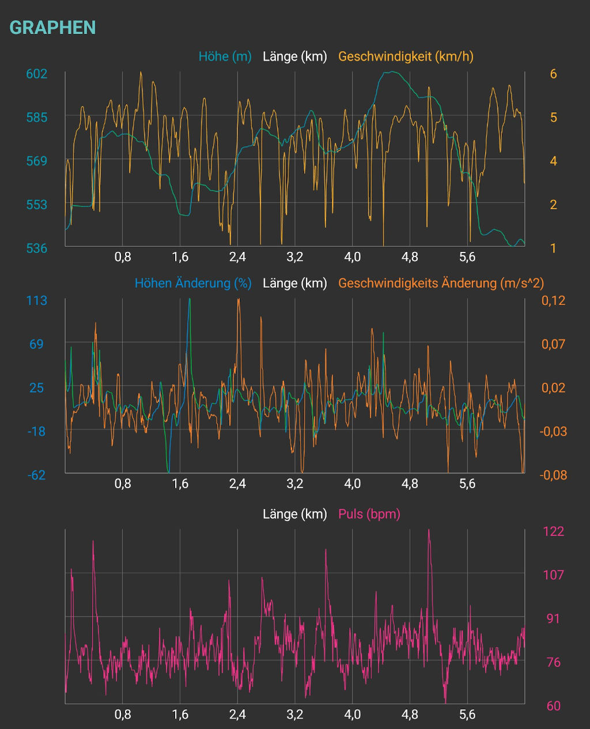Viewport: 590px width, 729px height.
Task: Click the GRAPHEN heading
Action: pyautogui.click(x=52, y=28)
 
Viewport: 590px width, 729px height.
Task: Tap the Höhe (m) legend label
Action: pyautogui.click(x=225, y=56)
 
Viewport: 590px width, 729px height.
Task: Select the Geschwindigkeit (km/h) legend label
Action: pyautogui.click(x=406, y=56)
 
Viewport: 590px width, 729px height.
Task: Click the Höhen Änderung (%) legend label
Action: pyautogui.click(x=193, y=283)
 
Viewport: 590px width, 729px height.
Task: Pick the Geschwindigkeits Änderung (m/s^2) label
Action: pyautogui.click(x=441, y=283)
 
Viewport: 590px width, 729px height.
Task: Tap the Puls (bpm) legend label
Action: pyautogui.click(x=369, y=513)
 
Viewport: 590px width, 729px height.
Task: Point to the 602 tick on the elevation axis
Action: pyautogui.click(x=37, y=74)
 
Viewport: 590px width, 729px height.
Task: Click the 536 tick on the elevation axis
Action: pyautogui.click(x=37, y=248)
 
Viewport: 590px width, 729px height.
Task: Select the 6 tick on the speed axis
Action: pyautogui.click(x=553, y=74)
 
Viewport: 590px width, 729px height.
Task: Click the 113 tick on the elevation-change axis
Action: pyautogui.click(x=37, y=300)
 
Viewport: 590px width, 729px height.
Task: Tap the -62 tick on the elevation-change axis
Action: pyautogui.click(x=37, y=475)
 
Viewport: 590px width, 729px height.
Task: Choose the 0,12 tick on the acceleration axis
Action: pyautogui.click(x=553, y=300)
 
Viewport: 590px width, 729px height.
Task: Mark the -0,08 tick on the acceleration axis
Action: pyautogui.click(x=553, y=475)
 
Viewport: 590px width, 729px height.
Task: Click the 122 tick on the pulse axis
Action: pyautogui.click(x=554, y=531)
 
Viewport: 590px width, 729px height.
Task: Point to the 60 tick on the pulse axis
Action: pyautogui.click(x=554, y=705)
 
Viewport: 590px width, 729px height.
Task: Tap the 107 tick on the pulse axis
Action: pyautogui.click(x=554, y=575)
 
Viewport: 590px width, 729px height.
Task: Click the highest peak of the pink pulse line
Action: pyautogui.click(x=429, y=531)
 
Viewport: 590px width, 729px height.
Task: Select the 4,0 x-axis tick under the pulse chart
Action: pyautogui.click(x=353, y=715)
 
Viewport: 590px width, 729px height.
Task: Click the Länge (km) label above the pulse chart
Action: pyautogui.click(x=294, y=513)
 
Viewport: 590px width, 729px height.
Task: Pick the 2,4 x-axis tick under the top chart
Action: pyautogui.click(x=237, y=257)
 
